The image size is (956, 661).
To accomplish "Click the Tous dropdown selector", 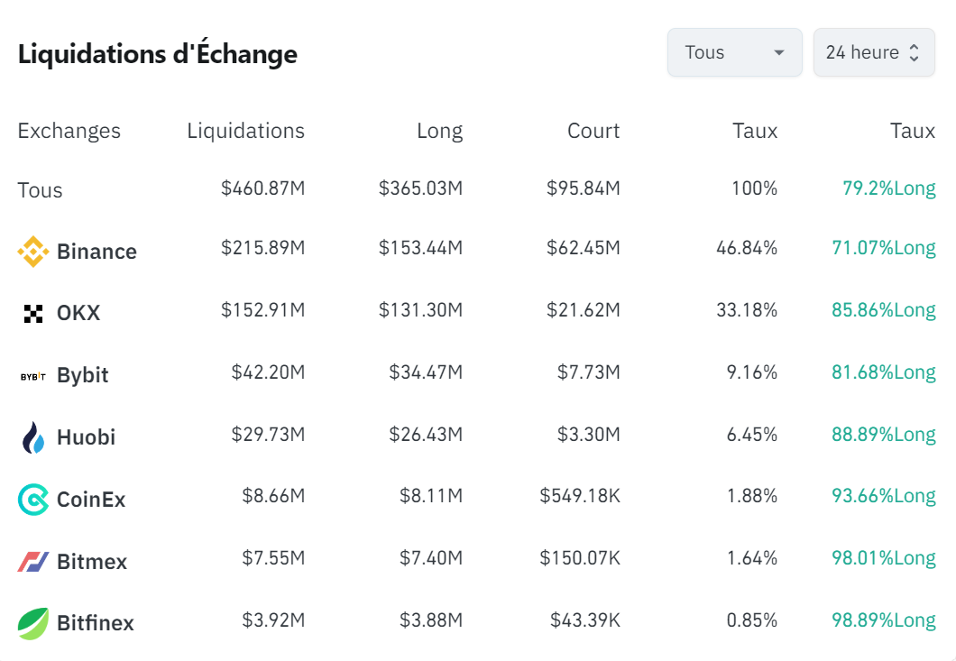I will (734, 52).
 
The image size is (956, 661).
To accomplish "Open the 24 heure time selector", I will (873, 52).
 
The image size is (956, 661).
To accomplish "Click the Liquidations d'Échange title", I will (158, 54).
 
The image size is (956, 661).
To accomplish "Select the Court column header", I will (593, 131).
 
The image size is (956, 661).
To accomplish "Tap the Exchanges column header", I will (69, 131).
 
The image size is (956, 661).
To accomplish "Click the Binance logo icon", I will (33, 252).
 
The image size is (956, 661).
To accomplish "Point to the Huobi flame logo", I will (33, 437).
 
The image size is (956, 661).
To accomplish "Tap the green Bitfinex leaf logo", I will (33, 623).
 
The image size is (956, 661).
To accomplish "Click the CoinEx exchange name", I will (91, 500).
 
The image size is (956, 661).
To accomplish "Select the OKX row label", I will (78, 314).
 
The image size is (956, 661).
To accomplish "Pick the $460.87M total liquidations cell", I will (262, 189).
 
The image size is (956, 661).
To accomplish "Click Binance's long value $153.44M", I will (420, 248).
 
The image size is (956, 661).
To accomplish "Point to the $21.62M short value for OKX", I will (583, 310).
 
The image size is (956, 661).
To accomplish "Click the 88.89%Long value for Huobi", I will (883, 435).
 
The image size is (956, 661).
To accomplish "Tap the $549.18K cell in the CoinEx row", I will (580, 496).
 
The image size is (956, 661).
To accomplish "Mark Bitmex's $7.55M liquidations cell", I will (273, 558).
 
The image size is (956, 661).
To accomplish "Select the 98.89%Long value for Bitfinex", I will (883, 620).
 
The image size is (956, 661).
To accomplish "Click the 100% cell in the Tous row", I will (754, 189).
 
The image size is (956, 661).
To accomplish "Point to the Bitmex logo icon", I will (33, 562).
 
